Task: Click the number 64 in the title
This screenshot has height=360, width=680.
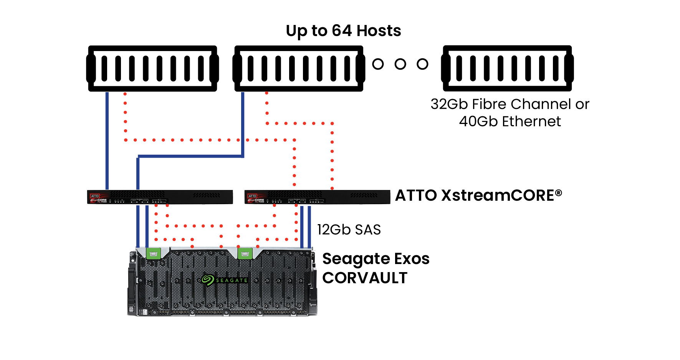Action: tap(342, 31)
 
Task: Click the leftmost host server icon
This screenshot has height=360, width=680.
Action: tap(152, 68)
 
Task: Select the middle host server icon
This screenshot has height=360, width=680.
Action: tap(299, 68)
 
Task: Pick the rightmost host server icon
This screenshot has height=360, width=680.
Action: tap(507, 68)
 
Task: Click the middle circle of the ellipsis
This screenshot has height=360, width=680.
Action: tap(400, 64)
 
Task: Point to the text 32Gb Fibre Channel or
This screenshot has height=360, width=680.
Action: tap(510, 104)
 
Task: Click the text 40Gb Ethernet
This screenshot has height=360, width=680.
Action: tap(510, 121)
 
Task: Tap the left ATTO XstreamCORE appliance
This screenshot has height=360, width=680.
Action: tap(160, 197)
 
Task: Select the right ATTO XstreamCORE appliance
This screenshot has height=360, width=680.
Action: tap(317, 197)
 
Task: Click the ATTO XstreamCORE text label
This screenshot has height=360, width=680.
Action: tap(475, 195)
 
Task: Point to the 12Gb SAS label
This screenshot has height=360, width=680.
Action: tap(349, 230)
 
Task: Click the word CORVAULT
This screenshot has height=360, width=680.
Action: tap(364, 278)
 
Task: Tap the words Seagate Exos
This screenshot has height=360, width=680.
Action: tap(376, 259)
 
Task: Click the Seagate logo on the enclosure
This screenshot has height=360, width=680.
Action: tap(225, 280)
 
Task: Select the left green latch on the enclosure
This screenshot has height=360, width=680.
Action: tap(153, 253)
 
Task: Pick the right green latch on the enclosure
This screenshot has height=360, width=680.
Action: tap(245, 253)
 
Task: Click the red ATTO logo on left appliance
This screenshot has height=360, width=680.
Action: tap(95, 196)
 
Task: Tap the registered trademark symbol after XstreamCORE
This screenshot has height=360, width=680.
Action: tap(559, 192)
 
